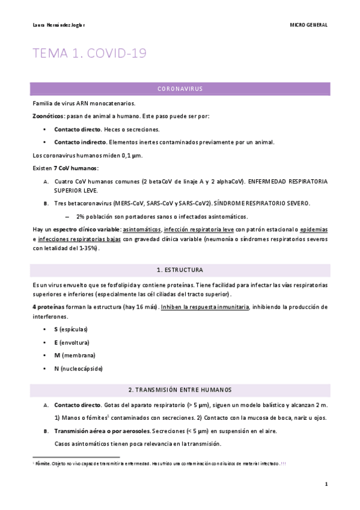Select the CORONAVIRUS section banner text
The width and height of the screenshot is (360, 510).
click(x=180, y=89)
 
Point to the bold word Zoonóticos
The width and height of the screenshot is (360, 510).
click(x=48, y=116)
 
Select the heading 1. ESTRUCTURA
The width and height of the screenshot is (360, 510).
click(x=180, y=269)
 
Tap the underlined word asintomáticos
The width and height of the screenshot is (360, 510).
click(x=141, y=230)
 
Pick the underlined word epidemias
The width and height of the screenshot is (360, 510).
click(x=314, y=230)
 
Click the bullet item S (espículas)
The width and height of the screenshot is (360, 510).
click(x=71, y=329)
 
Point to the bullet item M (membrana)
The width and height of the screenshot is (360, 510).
click(x=75, y=355)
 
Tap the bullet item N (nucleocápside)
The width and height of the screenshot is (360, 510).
click(x=78, y=369)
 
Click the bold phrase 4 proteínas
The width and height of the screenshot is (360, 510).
click(x=49, y=307)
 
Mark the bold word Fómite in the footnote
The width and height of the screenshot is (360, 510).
click(x=43, y=464)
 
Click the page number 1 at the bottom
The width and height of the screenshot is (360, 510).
click(x=326, y=484)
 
